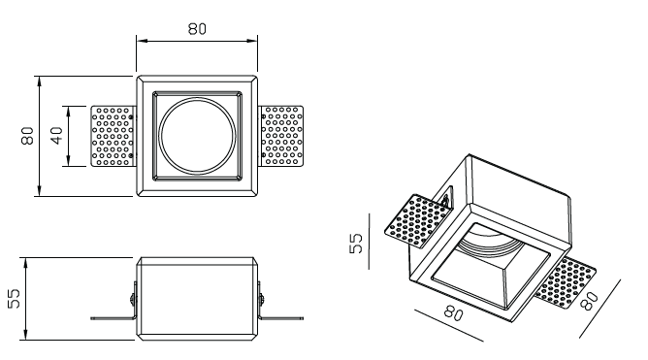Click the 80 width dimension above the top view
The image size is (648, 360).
point(197,29)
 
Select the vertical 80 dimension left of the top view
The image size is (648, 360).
point(27,136)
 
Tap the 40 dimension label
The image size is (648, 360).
point(56,136)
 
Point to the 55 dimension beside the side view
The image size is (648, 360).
point(14,299)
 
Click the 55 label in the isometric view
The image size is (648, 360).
point(355,244)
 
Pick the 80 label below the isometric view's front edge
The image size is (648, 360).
point(453,312)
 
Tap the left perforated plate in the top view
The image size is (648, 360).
point(113,136)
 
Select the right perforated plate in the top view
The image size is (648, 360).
point(280,136)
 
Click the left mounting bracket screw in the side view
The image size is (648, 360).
point(133,297)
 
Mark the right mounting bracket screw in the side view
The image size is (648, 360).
point(261,297)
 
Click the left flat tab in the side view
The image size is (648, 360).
point(113,318)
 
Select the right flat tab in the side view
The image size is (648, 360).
point(281,318)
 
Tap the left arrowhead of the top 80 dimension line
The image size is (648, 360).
point(142,41)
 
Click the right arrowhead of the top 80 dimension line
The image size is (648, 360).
point(251,41)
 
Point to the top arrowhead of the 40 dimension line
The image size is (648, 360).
point(69,112)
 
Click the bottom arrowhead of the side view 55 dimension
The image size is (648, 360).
point(25,335)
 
